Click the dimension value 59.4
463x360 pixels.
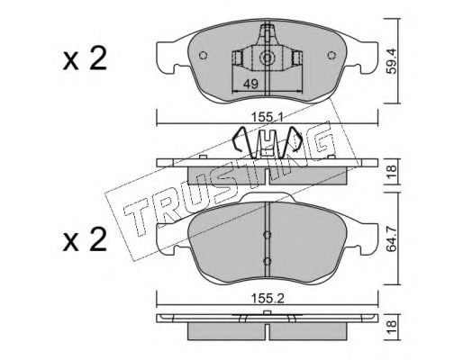tap(392, 61)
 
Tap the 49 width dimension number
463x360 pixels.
tap(250, 85)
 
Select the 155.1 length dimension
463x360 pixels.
tap(267, 118)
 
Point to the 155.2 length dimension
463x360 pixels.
tap(268, 299)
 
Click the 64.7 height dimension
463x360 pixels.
tap(392, 239)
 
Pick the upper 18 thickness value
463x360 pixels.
tap(392, 172)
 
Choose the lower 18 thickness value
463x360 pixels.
tap(392, 327)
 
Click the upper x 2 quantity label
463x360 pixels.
tap(85, 58)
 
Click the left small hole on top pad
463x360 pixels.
tap(204, 56)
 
